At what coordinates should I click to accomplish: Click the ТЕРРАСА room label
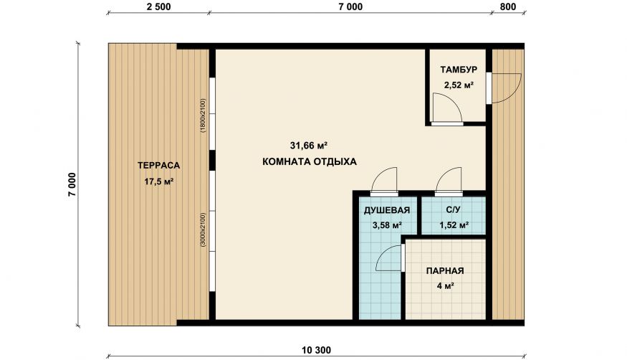point(159,165)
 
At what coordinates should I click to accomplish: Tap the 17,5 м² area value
point(159,181)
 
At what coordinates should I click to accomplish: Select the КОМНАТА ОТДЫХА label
point(310,162)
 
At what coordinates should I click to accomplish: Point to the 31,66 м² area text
point(309,145)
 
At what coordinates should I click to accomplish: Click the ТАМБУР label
point(459,70)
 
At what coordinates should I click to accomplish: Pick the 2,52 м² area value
point(459,85)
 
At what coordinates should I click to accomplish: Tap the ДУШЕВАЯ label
point(387,210)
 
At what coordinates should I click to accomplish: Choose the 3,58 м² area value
point(387,226)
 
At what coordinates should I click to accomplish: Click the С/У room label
point(454,210)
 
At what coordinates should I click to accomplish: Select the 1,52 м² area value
point(454,226)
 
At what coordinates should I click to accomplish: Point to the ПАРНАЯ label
point(445,271)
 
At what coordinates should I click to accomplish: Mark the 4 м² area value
point(445,286)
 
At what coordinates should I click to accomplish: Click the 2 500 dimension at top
point(159,6)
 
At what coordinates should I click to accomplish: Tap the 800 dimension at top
point(508,6)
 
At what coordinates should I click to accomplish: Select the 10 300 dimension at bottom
point(316,351)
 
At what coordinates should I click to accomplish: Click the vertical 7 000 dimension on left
point(72,185)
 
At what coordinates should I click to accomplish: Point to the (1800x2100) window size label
point(203,115)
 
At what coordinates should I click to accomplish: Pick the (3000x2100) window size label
point(203,229)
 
